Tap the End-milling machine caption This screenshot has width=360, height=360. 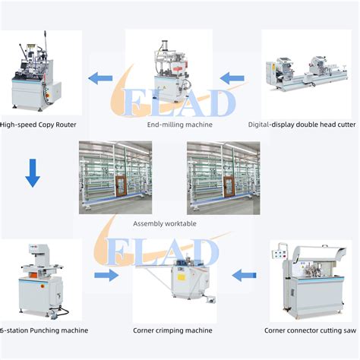(179, 124)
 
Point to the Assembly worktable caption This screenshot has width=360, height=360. (165, 223)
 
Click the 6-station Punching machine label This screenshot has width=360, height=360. (43, 330)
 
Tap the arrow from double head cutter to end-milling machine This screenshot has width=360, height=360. (233, 77)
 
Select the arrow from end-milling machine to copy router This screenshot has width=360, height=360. (101, 77)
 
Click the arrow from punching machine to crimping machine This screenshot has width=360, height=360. (107, 275)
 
